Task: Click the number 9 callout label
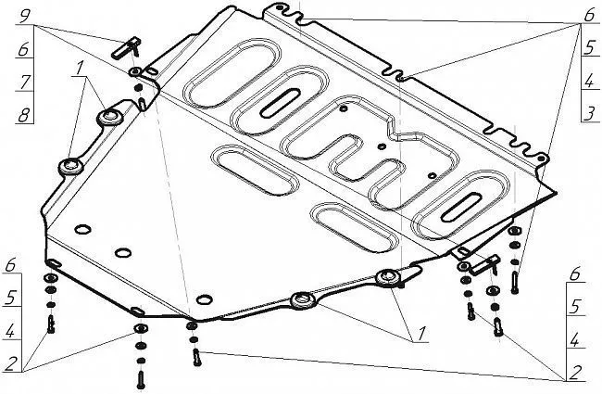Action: point(25,16)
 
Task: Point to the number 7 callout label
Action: point(25,82)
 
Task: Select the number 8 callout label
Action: point(24,115)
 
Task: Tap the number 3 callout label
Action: point(590,114)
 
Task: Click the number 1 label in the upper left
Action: point(79,69)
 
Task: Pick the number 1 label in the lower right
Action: point(422,334)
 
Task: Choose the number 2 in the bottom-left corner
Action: point(11,363)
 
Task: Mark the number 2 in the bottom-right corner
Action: point(575,373)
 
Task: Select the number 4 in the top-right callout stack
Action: point(589,82)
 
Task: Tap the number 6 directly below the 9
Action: point(24,49)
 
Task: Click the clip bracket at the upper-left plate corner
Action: point(126,47)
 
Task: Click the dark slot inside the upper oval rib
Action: point(280,103)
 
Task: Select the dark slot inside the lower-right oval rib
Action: point(461,207)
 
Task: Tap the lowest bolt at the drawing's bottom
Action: point(141,379)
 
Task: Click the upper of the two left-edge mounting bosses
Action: point(110,117)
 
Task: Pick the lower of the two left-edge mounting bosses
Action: point(71,167)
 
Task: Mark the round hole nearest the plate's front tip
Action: point(205,299)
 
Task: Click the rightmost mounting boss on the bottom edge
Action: point(388,277)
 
